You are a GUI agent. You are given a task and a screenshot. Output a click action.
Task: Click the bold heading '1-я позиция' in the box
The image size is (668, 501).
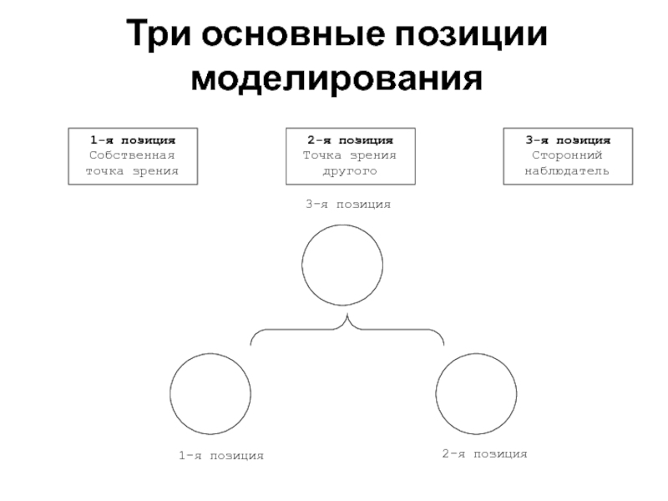click(x=133, y=139)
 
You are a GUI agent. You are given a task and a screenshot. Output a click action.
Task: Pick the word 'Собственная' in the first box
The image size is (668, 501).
click(x=133, y=155)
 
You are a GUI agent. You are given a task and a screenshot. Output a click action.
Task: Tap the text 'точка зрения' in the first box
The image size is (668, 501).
click(x=133, y=171)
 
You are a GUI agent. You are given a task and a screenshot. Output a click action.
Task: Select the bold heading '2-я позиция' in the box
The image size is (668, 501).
click(x=350, y=139)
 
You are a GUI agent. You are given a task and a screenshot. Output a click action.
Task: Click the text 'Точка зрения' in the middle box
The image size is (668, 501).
click(x=350, y=155)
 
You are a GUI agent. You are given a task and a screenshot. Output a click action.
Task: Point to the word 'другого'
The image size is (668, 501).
click(x=350, y=171)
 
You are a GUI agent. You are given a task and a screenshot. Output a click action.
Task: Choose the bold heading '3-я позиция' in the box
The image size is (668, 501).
click(x=568, y=139)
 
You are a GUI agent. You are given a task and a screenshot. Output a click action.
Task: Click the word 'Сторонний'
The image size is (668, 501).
click(x=568, y=155)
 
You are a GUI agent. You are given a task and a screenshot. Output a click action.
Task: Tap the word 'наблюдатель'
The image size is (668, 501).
click(x=568, y=171)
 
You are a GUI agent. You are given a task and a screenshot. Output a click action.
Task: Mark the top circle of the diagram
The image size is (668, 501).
click(x=344, y=266)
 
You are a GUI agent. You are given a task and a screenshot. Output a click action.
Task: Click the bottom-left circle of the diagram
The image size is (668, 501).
click(x=210, y=393)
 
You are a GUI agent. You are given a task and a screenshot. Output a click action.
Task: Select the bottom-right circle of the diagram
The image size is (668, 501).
click(x=477, y=393)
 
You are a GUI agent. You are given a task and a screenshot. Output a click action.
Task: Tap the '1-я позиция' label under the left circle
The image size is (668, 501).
click(x=220, y=456)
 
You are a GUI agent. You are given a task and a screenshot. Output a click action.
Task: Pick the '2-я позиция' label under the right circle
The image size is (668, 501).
click(x=484, y=453)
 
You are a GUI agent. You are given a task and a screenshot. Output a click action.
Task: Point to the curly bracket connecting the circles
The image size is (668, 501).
click(x=347, y=331)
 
